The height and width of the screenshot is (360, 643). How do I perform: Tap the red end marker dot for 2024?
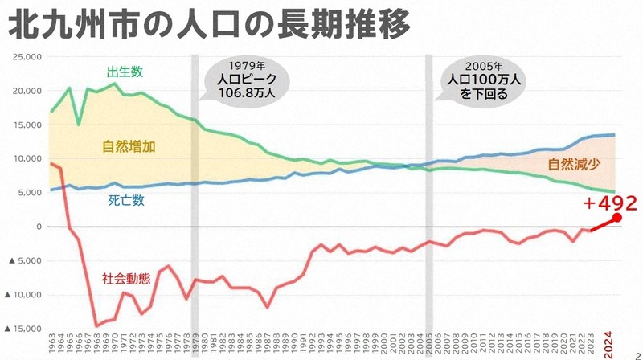[x=616, y=217]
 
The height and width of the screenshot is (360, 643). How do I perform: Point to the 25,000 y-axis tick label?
[x=27, y=57]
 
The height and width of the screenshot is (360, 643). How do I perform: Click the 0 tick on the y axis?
[x=38, y=227]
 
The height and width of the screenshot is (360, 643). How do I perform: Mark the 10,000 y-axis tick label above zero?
[x=27, y=159]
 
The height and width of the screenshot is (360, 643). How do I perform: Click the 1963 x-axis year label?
[x=51, y=346]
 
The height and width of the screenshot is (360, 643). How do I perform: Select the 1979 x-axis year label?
[x=195, y=346]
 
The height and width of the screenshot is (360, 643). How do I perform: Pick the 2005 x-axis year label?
[x=429, y=346]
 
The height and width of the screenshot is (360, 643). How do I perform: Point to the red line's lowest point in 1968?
[x=96, y=325]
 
